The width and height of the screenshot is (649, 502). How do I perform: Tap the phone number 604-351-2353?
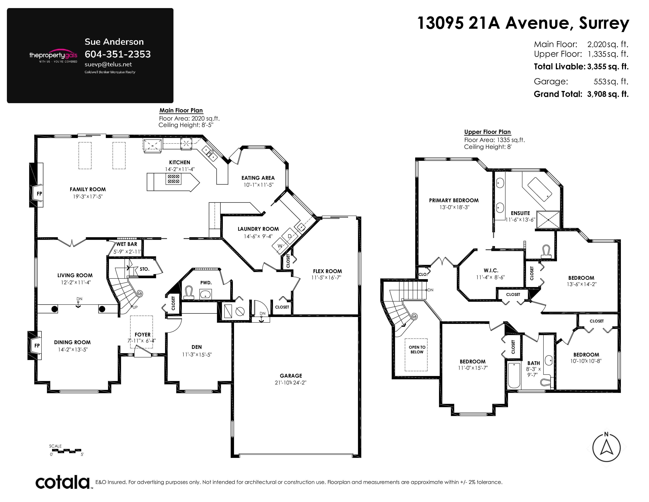118,54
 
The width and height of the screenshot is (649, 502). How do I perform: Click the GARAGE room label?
291,376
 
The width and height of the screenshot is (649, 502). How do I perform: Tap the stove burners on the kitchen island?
173,179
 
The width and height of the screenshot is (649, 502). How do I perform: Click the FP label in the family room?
39,194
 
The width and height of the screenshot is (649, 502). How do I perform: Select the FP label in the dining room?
37,345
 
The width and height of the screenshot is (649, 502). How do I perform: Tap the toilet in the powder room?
189,292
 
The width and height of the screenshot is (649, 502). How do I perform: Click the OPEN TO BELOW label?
417,349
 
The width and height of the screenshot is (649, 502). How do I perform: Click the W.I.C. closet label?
491,270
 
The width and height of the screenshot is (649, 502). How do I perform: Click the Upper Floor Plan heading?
487,132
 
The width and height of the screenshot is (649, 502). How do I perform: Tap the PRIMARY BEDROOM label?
454,200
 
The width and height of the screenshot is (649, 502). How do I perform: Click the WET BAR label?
127,244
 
